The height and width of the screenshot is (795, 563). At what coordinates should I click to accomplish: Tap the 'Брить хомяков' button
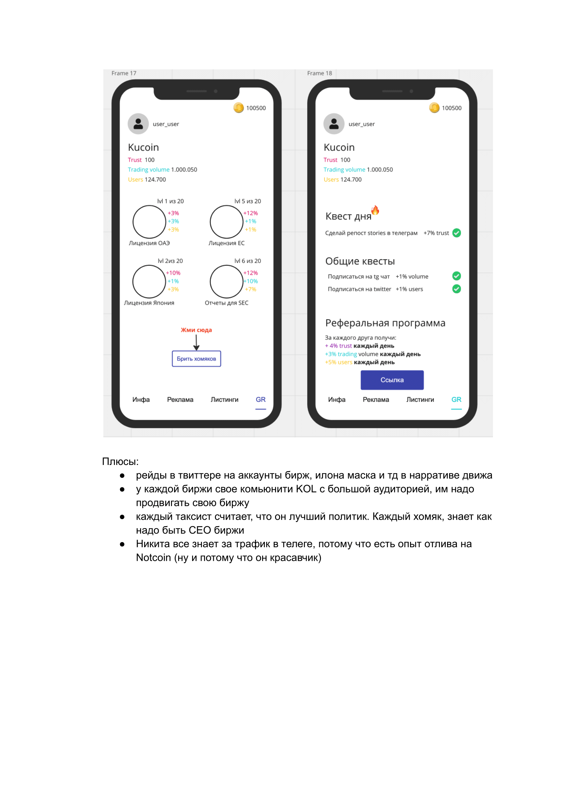(196, 359)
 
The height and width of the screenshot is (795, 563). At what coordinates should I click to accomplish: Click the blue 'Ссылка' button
(392, 380)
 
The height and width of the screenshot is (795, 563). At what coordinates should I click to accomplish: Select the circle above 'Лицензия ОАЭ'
(149, 222)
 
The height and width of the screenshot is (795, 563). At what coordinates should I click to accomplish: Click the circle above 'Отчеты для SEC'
(226, 281)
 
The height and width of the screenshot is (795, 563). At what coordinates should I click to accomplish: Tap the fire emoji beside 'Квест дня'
(375, 210)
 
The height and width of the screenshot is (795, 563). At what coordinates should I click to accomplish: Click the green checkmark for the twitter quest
(456, 289)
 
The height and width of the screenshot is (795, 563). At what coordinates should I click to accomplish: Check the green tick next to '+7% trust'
(456, 233)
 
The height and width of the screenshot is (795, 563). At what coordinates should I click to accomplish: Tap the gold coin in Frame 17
(239, 108)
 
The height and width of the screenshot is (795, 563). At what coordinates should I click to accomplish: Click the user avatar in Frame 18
(334, 124)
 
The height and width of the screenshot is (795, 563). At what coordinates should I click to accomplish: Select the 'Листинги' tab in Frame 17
(224, 400)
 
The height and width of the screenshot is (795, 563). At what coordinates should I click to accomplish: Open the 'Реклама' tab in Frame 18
(375, 400)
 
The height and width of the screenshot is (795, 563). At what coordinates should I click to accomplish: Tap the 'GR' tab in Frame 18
(456, 400)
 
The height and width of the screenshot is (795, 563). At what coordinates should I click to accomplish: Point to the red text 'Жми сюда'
(196, 330)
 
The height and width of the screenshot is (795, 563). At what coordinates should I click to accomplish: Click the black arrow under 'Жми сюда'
(196, 343)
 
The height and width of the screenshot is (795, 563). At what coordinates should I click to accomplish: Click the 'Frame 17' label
(124, 73)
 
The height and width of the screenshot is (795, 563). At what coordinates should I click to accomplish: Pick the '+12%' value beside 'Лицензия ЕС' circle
(250, 213)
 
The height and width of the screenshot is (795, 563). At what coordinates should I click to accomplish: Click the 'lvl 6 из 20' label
(248, 261)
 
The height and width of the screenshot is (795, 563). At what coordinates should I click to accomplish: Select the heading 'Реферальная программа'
(385, 323)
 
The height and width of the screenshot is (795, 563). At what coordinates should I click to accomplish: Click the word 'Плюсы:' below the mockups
(120, 461)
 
